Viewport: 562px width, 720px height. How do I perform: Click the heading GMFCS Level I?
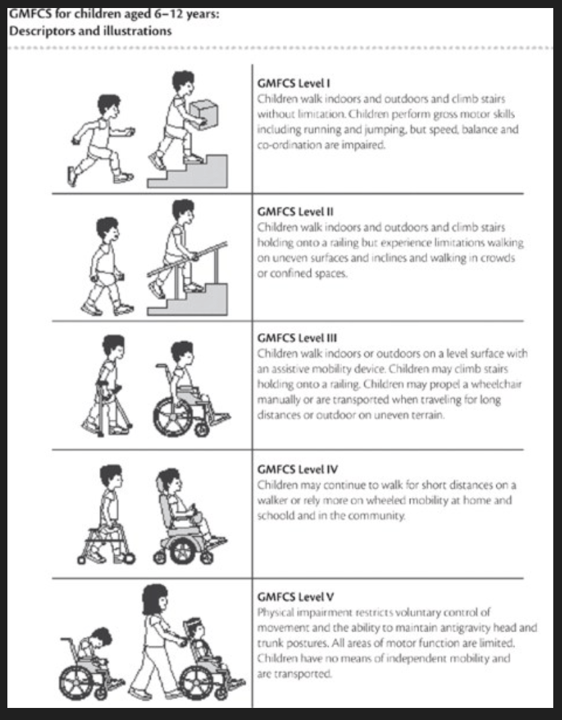pyautogui.click(x=293, y=84)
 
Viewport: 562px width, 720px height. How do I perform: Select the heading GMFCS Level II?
pyautogui.click(x=295, y=212)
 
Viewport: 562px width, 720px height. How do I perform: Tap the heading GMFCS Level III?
pyautogui.click(x=297, y=338)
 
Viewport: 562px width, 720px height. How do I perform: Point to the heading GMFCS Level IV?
pyautogui.click(x=297, y=469)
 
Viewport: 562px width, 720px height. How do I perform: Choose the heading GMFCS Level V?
pyautogui.click(x=295, y=597)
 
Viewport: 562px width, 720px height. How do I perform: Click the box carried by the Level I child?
pyautogui.click(x=204, y=115)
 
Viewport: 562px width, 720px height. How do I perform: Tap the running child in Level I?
pyautogui.click(x=101, y=140)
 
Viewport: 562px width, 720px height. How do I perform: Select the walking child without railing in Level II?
pyautogui.click(x=107, y=266)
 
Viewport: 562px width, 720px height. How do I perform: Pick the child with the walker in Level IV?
pyautogui.click(x=107, y=514)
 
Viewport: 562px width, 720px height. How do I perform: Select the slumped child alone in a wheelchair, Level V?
pyautogui.click(x=92, y=664)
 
